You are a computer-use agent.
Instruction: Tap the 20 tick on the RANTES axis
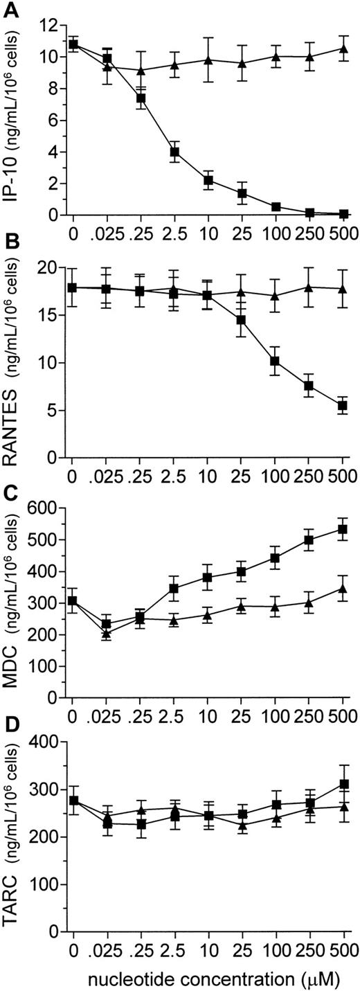point(46,267)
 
